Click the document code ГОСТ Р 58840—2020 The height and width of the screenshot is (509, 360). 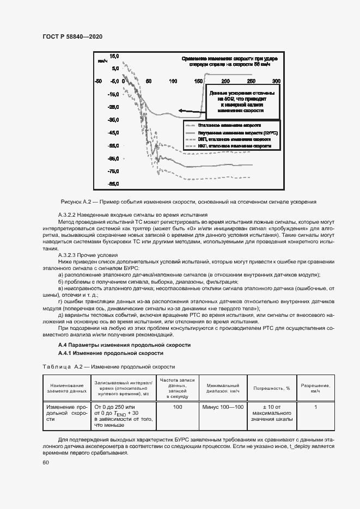click(72, 36)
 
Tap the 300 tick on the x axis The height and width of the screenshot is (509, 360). click(276, 81)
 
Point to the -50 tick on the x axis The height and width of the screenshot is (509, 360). click(98, 81)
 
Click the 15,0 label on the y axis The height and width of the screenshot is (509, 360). click(114, 56)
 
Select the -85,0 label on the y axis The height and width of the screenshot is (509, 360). click(114, 184)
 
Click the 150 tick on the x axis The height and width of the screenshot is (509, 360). click(197, 81)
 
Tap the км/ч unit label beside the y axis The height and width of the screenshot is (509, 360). click(102, 61)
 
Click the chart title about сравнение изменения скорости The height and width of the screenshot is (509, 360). click(229, 61)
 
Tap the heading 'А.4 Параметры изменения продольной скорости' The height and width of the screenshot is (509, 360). click(124, 346)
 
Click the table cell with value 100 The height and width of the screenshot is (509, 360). click(177, 407)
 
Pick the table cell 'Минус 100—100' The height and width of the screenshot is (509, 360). click(223, 407)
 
